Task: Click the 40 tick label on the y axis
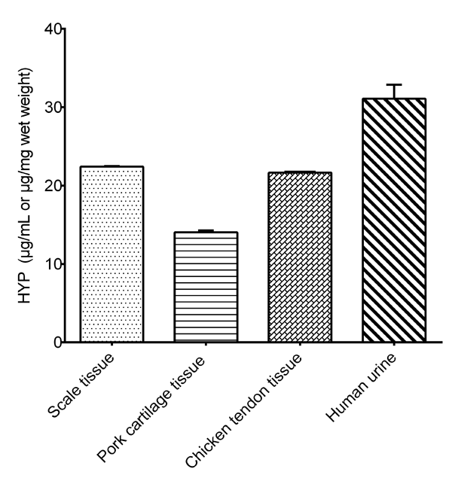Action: (50, 29)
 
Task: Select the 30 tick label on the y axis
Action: (50, 108)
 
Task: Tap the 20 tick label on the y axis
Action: (50, 186)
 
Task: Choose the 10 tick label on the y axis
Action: (50, 264)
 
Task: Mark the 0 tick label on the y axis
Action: (55, 342)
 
